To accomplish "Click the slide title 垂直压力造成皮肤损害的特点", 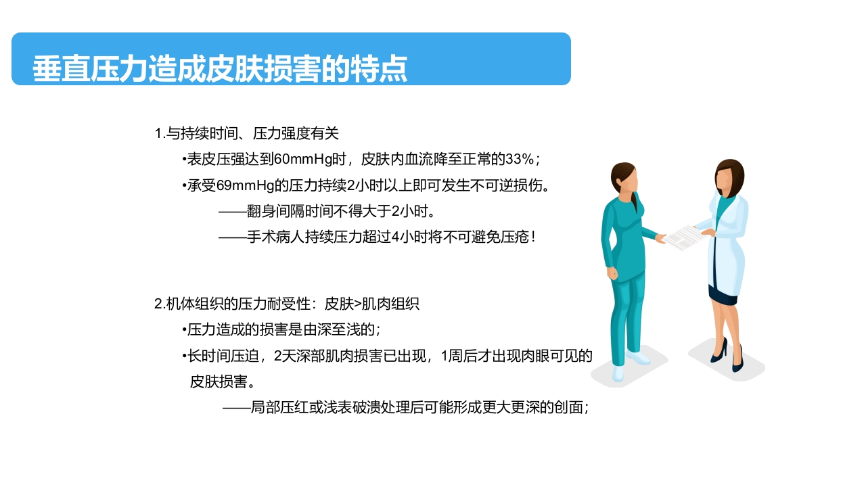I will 220,68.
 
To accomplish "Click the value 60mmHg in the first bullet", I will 300,160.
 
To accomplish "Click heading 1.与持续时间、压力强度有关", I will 246,133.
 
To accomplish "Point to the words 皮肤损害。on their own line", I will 222,381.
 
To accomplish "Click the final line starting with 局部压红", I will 406,408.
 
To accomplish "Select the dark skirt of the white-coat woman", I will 723,294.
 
